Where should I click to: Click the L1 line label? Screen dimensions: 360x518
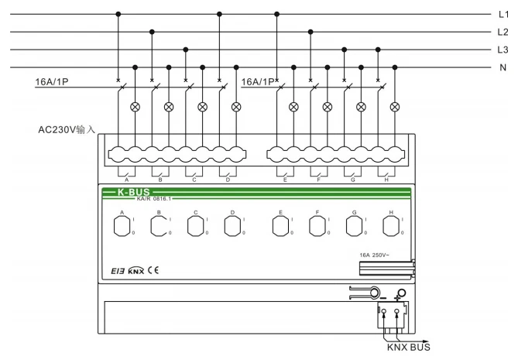pyautogui.click(x=503, y=14)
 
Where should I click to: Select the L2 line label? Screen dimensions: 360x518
pyautogui.click(x=503, y=32)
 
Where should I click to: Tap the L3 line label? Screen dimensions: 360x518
pyautogui.click(x=503, y=50)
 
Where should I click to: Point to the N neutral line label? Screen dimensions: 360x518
pyautogui.click(x=503, y=67)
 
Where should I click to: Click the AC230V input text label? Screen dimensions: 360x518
pyautogui.click(x=67, y=129)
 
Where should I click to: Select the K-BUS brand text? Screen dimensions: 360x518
pyautogui.click(x=133, y=191)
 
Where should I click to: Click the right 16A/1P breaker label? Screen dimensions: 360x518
pyautogui.click(x=259, y=81)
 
